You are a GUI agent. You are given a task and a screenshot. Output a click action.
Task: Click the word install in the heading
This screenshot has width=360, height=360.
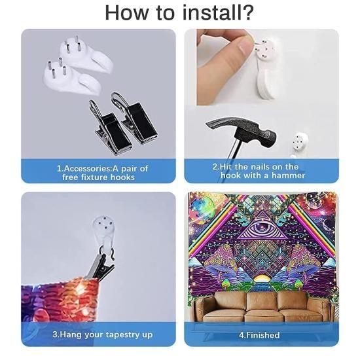tap(211, 12)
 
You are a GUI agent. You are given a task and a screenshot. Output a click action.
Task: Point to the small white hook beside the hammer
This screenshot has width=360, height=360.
tap(300, 142)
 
